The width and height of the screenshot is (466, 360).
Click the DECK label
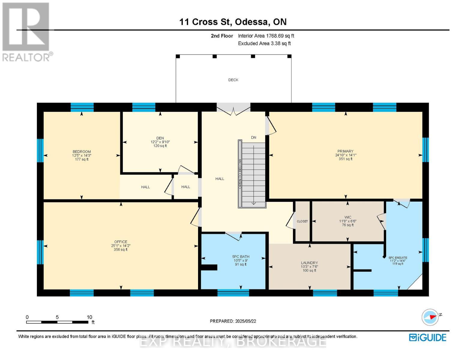pyautogui.click(x=233, y=80)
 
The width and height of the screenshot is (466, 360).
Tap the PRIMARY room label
pyautogui.click(x=345, y=151)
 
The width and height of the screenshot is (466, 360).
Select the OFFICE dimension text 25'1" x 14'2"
pyautogui.click(x=121, y=245)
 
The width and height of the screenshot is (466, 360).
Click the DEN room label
pyautogui.click(x=160, y=138)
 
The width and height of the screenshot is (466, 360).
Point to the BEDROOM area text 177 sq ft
pyautogui.click(x=82, y=159)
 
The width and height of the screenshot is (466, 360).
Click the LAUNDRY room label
pyautogui.click(x=309, y=263)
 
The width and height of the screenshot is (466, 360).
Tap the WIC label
pyautogui.click(x=348, y=217)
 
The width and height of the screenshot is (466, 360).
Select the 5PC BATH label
pyautogui.click(x=241, y=256)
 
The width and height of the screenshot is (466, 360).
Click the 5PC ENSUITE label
pyautogui.click(x=398, y=257)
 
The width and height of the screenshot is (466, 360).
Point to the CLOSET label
pyautogui.click(x=302, y=221)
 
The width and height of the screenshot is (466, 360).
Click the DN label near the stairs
pyautogui.click(x=254, y=137)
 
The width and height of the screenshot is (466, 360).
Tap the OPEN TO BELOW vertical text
pyautogui.click(x=240, y=173)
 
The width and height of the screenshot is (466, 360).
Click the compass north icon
pyautogui.click(x=430, y=317)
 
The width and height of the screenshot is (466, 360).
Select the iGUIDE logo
pyautogui.click(x=428, y=337)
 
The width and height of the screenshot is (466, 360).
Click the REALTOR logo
pyautogui.click(x=26, y=31)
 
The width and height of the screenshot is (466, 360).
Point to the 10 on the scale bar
pyautogui.click(x=89, y=317)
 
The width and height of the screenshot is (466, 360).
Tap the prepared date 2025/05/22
pyautogui.click(x=245, y=321)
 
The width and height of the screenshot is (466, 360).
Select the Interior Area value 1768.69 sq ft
pyautogui.click(x=280, y=36)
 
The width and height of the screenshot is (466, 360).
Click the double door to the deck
pyautogui.click(x=233, y=109)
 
